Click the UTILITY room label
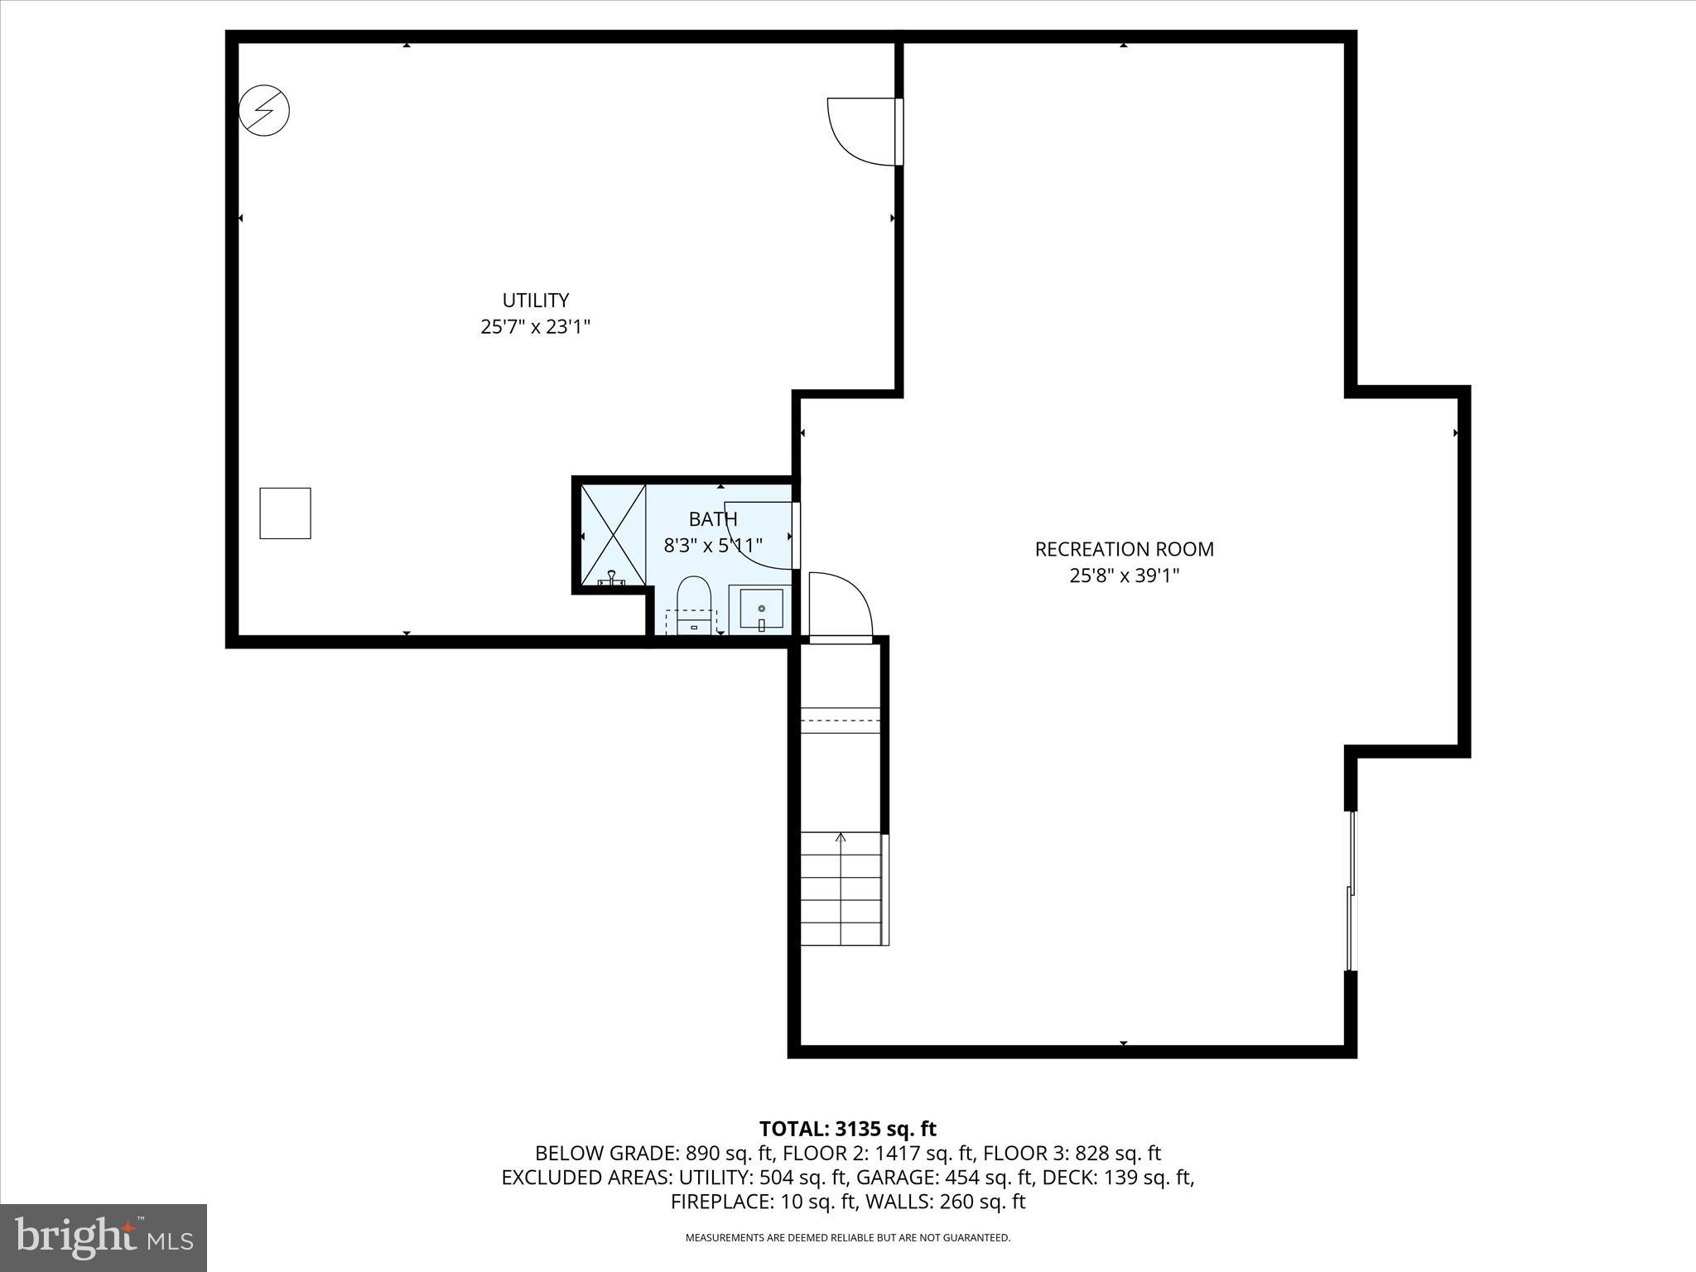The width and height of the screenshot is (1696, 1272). pos(535,300)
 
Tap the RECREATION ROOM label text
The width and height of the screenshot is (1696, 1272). pos(1124,549)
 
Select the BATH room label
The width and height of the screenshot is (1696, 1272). pos(712,519)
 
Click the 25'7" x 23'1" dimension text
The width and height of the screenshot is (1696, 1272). pos(535,327)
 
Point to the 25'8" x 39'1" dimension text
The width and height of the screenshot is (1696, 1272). pos(1124,576)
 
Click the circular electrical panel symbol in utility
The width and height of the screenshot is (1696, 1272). pos(264,110)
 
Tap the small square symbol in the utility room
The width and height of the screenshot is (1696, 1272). pos(285,513)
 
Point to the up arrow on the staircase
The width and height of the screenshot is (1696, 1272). pos(841,838)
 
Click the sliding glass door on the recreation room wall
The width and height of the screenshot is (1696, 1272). pos(1351,891)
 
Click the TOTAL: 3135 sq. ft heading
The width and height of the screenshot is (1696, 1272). pos(847,1129)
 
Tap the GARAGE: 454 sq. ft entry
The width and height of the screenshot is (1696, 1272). pos(944,1178)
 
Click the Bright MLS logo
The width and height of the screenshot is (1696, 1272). pos(103,1237)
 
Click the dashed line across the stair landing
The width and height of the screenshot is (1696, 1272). pos(840,720)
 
